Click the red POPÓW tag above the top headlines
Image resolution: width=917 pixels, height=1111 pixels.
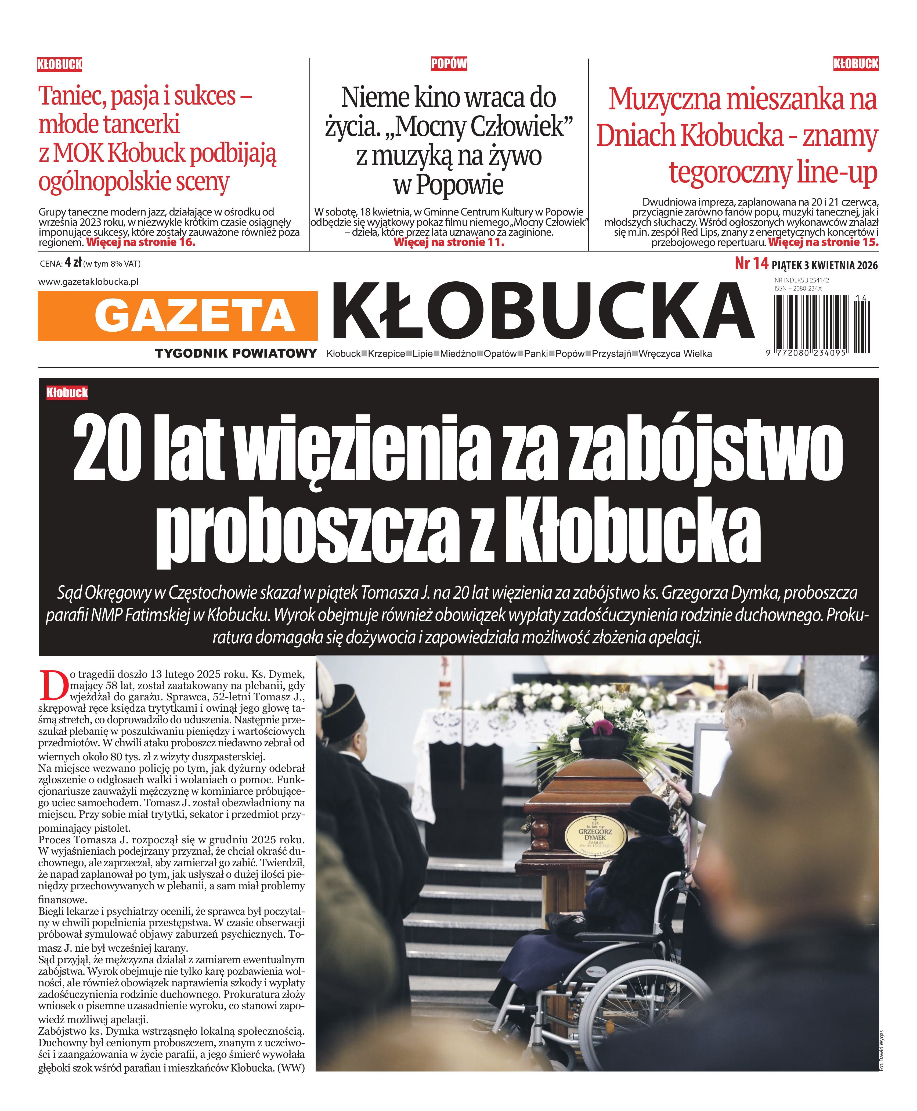(x=449, y=64)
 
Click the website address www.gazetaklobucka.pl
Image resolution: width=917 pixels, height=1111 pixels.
(x=88, y=282)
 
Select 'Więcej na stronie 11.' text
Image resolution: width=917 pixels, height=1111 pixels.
(x=449, y=243)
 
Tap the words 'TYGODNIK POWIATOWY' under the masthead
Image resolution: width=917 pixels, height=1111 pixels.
(x=236, y=354)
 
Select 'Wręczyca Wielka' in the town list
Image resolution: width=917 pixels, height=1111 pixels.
(x=675, y=354)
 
